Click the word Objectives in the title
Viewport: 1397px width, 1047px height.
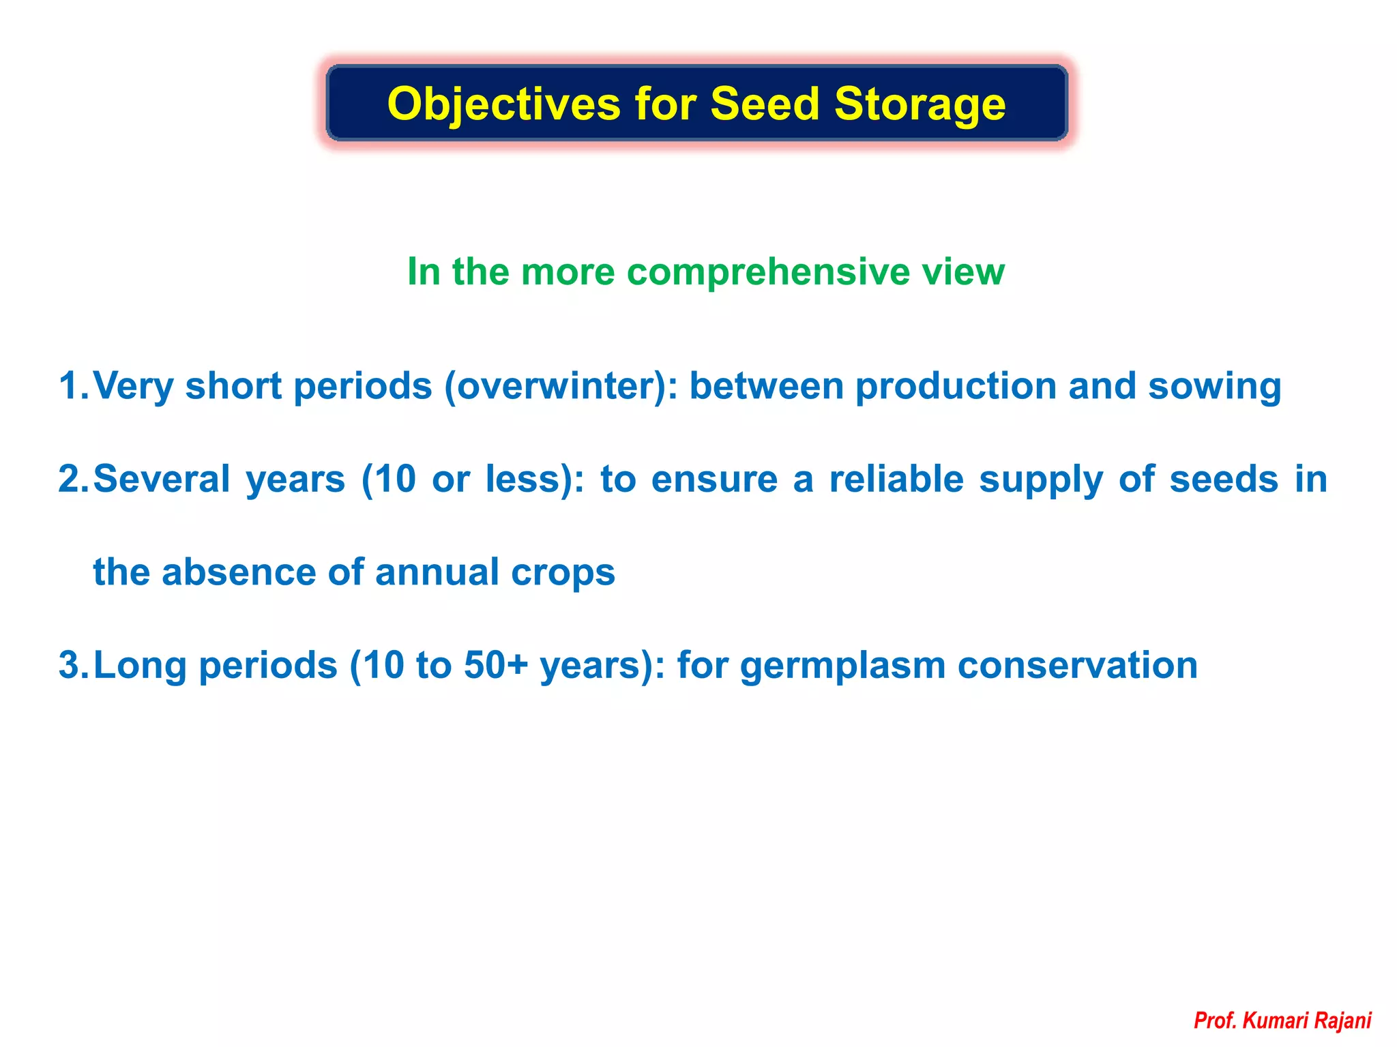[503, 104]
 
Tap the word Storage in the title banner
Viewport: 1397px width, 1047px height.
[920, 104]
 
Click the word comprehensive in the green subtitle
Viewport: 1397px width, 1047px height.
[768, 272]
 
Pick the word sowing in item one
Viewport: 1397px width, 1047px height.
[1214, 386]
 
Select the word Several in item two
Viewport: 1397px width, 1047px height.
[162, 479]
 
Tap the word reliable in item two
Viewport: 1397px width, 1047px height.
[896, 479]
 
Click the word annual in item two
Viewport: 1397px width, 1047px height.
[437, 572]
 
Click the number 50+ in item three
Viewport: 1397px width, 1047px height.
[496, 665]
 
